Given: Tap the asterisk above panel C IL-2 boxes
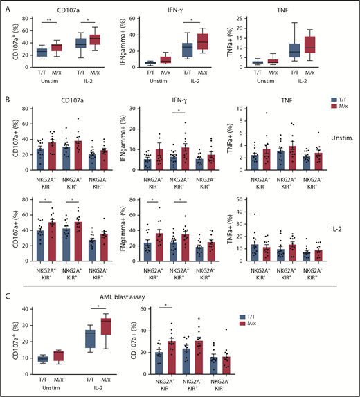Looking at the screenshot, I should click(x=97, y=308).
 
